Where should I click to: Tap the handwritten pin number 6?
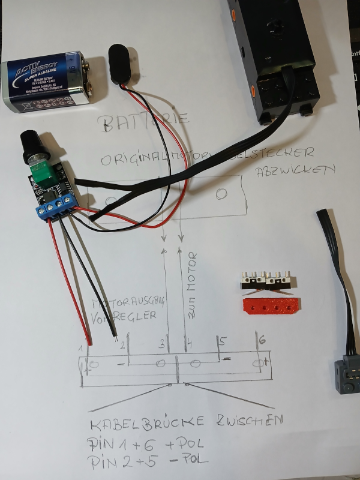click(262, 340)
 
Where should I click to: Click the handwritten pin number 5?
click(221, 342)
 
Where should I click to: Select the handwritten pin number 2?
click(122, 344)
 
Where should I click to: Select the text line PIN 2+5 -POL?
click(148, 461)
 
